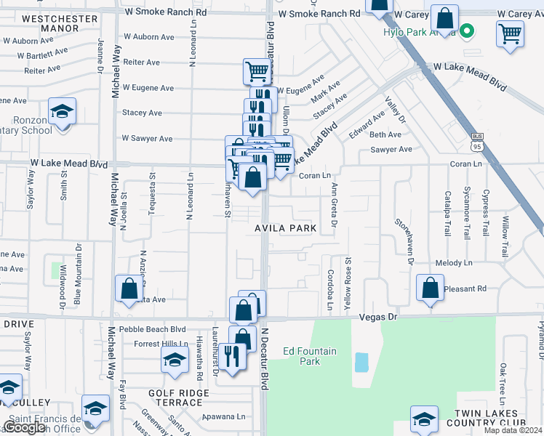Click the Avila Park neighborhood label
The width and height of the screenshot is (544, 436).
pos(285,228)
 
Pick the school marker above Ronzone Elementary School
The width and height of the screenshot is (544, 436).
pos(63,112)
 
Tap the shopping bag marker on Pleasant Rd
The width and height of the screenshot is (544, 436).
pos(430,287)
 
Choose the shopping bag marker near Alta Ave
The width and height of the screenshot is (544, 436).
pos(129,288)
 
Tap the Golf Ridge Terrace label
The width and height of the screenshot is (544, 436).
pos(180,398)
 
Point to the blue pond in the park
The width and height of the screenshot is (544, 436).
pos(361,362)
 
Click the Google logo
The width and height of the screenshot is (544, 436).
pos(23,428)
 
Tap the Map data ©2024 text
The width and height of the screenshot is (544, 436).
pos(513,430)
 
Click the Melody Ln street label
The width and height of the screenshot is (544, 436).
pos(454,263)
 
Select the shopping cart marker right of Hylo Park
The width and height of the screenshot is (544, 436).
pos(510,33)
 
